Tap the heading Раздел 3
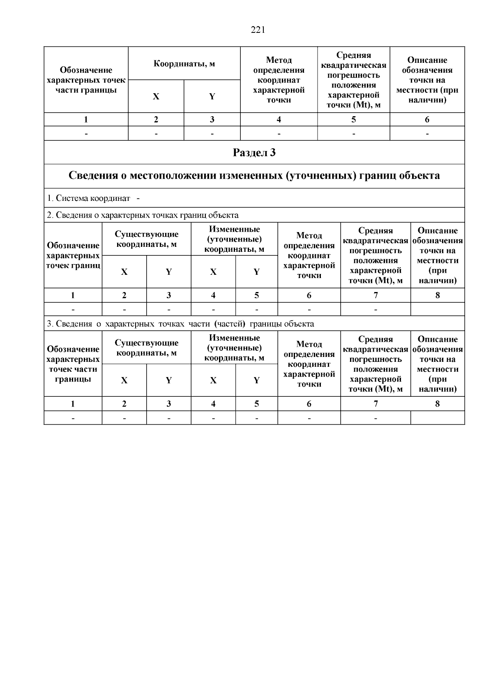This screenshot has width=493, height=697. point(254,153)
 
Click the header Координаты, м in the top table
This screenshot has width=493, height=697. point(184,64)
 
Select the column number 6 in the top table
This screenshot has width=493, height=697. point(427,120)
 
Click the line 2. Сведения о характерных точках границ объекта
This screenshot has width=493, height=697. point(143,215)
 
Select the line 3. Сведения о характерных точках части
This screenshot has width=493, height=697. point(180,324)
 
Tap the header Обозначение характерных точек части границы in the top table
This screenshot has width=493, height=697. point(86,80)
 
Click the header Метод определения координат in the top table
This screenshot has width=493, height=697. point(279,80)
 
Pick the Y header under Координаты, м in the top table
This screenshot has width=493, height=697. point(212,97)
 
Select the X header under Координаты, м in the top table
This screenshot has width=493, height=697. point(156,97)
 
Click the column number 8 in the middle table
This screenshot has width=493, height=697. point(437,295)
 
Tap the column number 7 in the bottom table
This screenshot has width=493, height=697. point(375,404)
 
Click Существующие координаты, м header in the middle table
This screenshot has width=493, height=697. point(146,239)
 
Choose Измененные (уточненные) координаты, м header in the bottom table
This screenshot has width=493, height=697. point(234,347)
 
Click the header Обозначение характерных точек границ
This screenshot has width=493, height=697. point(73,255)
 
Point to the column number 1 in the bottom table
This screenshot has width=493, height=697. point(73,404)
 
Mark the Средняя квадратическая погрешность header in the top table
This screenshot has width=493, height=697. point(353,80)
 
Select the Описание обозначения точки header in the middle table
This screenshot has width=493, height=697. point(437,255)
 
